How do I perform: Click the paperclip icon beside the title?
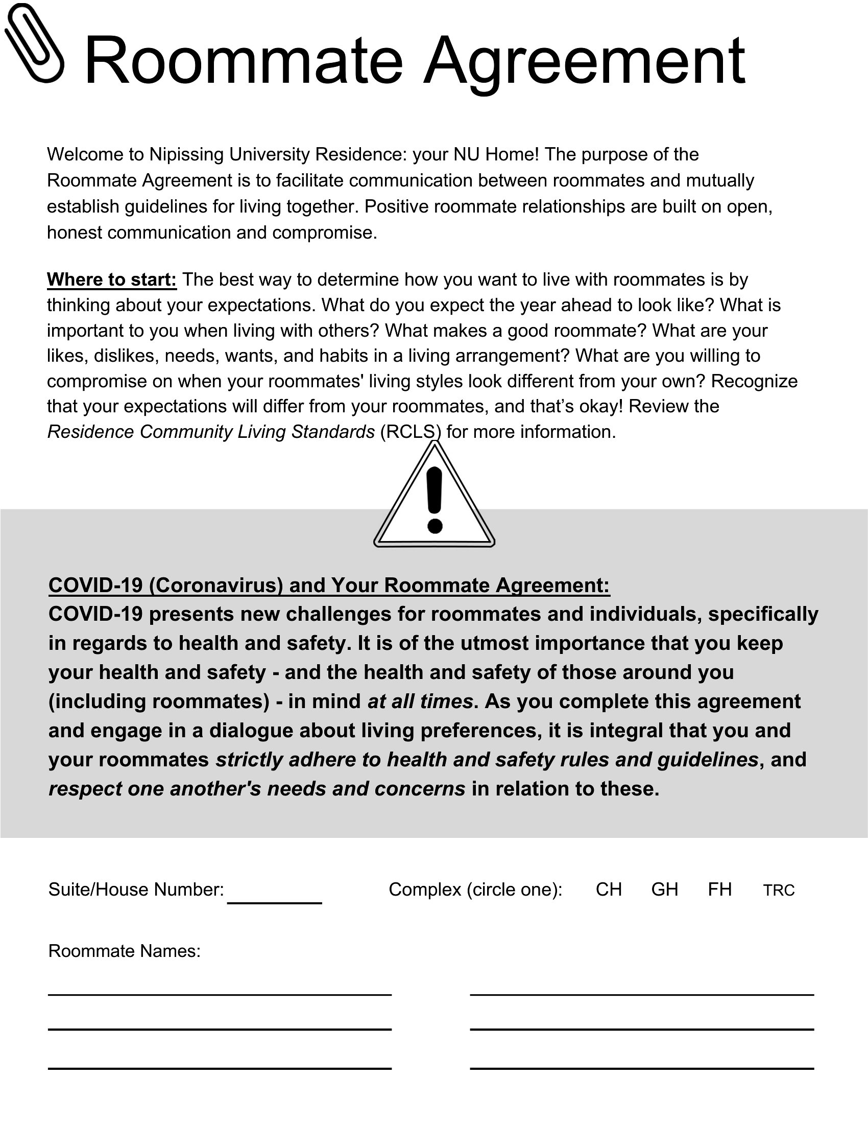tap(34, 43)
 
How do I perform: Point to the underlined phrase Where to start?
tap(112, 279)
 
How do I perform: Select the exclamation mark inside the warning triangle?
tap(435, 500)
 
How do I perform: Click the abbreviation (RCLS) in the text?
tap(411, 432)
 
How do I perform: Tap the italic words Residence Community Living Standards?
tap(211, 432)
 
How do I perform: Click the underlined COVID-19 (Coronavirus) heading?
tap(329, 585)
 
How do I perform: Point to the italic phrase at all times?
tap(420, 701)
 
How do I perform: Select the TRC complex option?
tap(779, 891)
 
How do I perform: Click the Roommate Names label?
tap(124, 951)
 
